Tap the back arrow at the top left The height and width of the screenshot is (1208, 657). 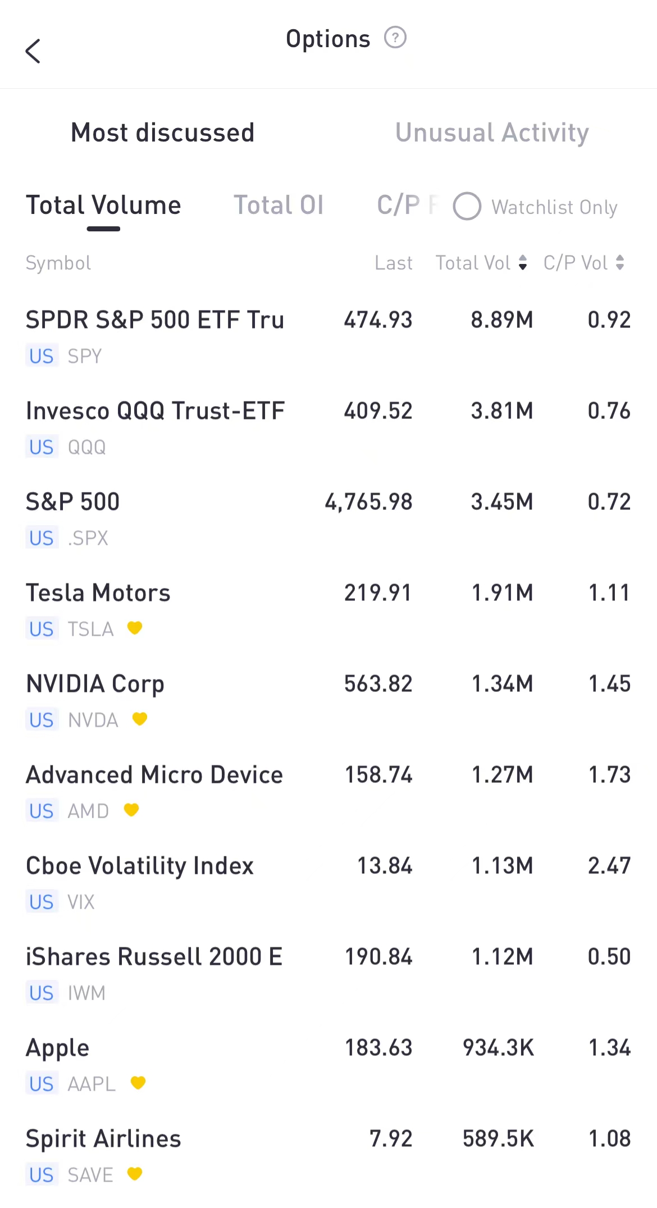33,51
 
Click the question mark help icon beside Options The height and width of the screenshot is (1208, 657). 395,38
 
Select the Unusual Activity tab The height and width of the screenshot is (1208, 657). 492,133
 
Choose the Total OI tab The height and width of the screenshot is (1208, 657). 279,206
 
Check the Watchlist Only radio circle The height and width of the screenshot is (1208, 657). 467,207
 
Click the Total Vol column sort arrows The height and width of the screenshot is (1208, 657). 523,263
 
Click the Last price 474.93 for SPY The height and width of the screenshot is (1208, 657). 378,320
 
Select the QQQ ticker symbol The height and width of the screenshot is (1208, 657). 86,448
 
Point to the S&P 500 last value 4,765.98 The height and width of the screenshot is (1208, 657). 368,502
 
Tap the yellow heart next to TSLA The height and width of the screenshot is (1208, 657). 135,628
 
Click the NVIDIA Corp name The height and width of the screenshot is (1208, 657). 95,684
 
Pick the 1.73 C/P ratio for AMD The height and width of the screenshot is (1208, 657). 609,775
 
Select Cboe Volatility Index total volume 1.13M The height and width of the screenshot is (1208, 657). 502,866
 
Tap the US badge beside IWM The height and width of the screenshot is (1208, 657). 42,993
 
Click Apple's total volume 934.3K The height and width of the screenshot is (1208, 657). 498,1048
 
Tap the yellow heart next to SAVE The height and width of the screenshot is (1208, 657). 135,1174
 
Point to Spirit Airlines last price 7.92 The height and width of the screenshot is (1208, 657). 391,1139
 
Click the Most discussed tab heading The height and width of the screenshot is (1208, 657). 163,133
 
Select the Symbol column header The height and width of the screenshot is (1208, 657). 58,263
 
